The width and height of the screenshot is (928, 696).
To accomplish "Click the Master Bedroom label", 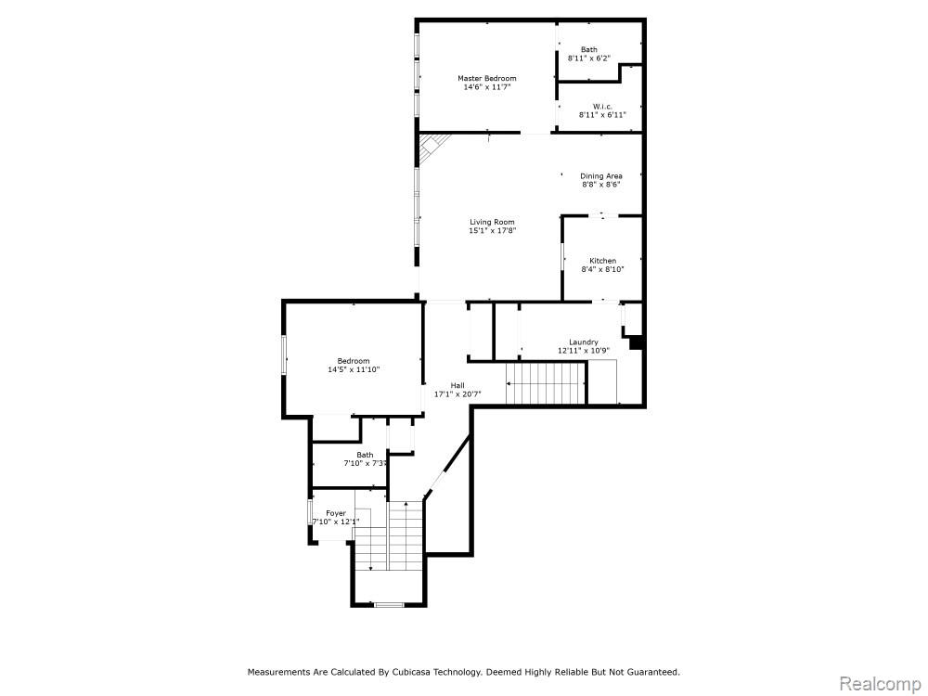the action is pos(486,78).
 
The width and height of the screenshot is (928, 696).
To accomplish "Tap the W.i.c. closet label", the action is pos(602,107).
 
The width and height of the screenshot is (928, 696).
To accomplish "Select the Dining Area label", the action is pos(600,175).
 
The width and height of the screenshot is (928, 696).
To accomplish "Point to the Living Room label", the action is pos(492,222).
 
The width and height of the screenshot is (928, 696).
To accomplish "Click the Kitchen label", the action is pos(602,261).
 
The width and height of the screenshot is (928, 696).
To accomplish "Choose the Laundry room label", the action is pos(584,342).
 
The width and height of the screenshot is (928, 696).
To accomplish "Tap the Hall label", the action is pos(458,385).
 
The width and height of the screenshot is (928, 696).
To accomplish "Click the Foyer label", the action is pos(336,513).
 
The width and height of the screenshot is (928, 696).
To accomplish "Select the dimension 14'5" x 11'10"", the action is pos(354,370).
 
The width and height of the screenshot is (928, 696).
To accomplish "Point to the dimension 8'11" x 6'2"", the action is pos(589,58).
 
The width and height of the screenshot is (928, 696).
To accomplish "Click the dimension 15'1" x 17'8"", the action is pos(493,231).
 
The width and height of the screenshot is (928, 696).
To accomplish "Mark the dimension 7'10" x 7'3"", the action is pos(365,463).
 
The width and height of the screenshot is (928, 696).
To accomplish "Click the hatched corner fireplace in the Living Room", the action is pos(431,147).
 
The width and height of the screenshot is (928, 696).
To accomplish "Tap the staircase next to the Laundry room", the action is pos(545,383).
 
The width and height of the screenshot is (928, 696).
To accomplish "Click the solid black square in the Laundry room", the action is pos(636,342).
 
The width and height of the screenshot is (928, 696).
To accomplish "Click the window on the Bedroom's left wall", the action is pos(284,355).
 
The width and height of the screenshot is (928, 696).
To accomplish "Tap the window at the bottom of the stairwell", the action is pos(389,604).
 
